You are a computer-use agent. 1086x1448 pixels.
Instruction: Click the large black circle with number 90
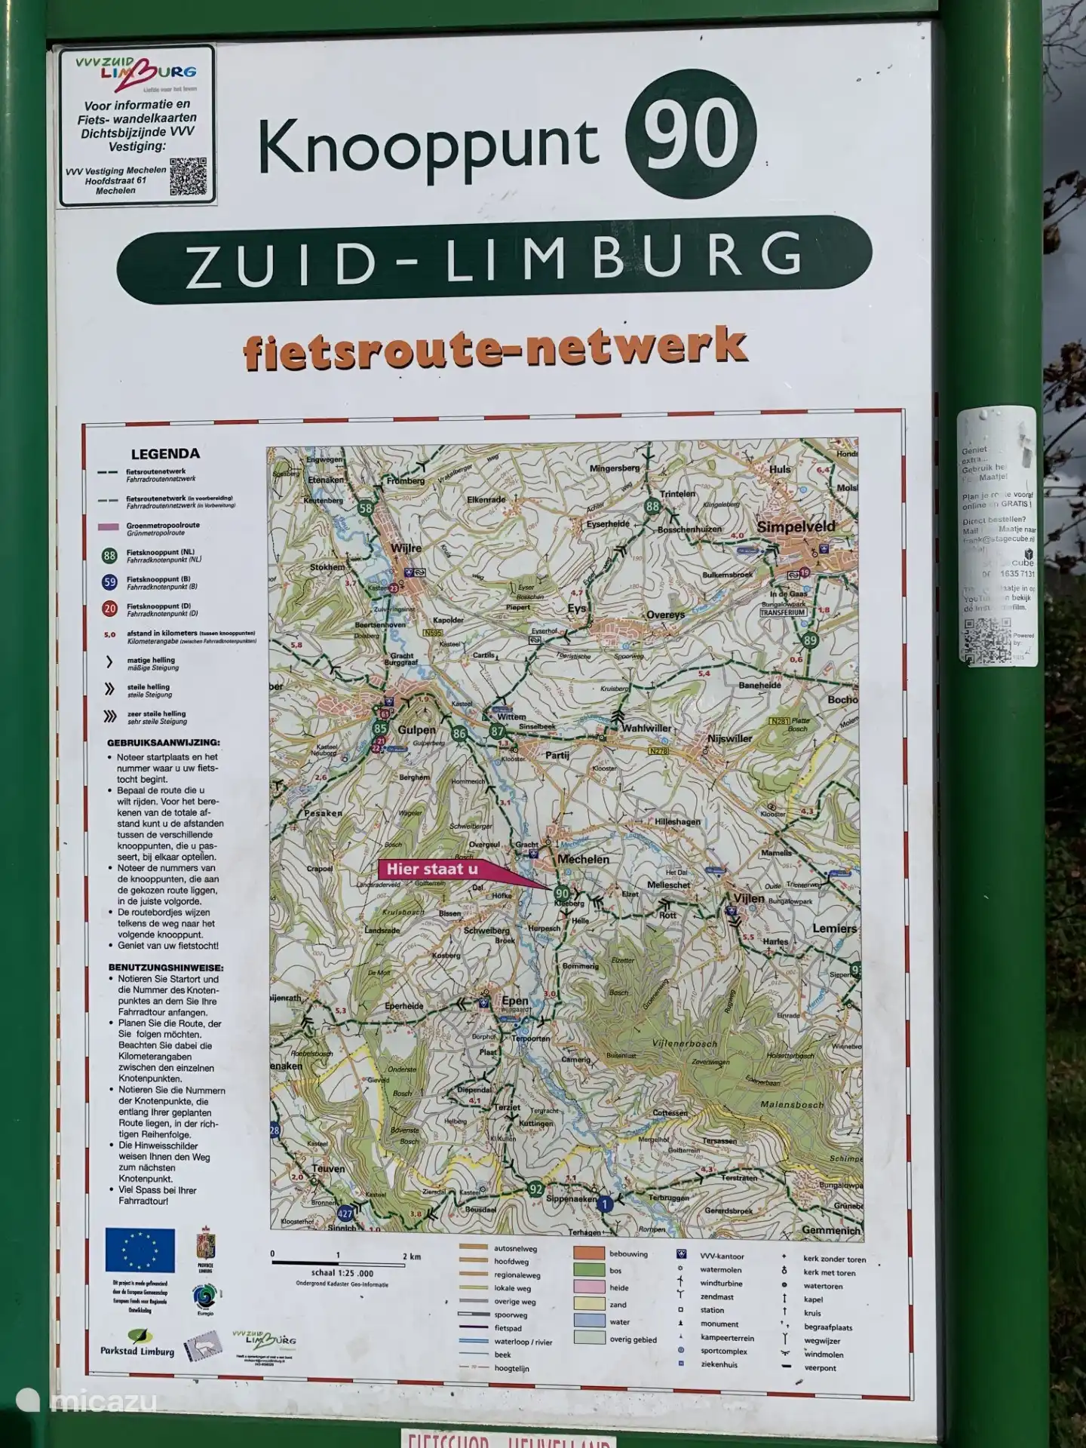(690, 135)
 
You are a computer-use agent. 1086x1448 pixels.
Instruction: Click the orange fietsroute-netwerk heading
(495, 348)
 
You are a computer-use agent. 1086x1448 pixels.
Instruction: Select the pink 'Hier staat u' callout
(434, 870)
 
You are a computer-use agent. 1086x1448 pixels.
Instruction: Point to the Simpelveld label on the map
(796, 526)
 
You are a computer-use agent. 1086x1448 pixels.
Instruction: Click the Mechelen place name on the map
(582, 859)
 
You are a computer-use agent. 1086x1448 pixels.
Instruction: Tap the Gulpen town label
(417, 729)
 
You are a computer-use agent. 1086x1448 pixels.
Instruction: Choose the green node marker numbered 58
(367, 508)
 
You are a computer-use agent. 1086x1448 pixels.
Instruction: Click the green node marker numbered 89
(809, 640)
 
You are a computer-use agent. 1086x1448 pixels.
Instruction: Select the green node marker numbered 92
(535, 1189)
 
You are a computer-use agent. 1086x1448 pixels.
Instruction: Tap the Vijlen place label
(748, 898)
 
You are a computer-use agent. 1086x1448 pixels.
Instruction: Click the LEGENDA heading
(165, 454)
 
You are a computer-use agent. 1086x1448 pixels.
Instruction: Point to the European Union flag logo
(140, 1250)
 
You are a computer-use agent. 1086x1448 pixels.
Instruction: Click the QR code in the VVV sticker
(187, 176)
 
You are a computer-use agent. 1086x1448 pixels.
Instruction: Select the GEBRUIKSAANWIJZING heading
(163, 742)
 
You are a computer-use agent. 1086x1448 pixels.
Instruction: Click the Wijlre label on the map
(406, 548)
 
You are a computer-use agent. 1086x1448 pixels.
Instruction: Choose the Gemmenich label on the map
(831, 1230)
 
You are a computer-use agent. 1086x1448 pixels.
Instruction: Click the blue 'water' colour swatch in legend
(589, 1321)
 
